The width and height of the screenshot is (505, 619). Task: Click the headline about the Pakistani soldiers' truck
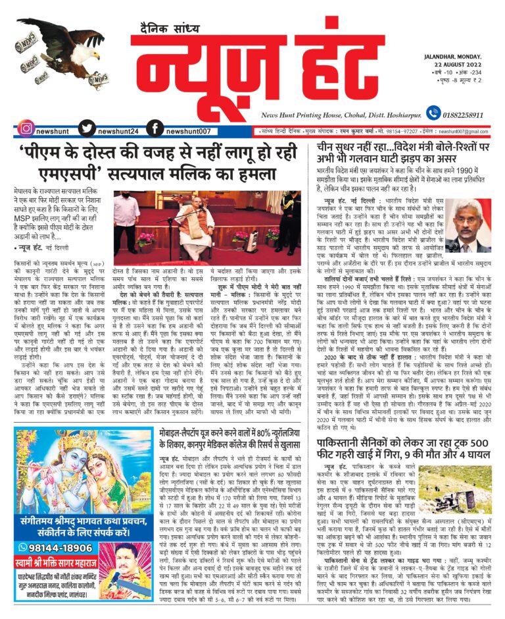tap(402, 450)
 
